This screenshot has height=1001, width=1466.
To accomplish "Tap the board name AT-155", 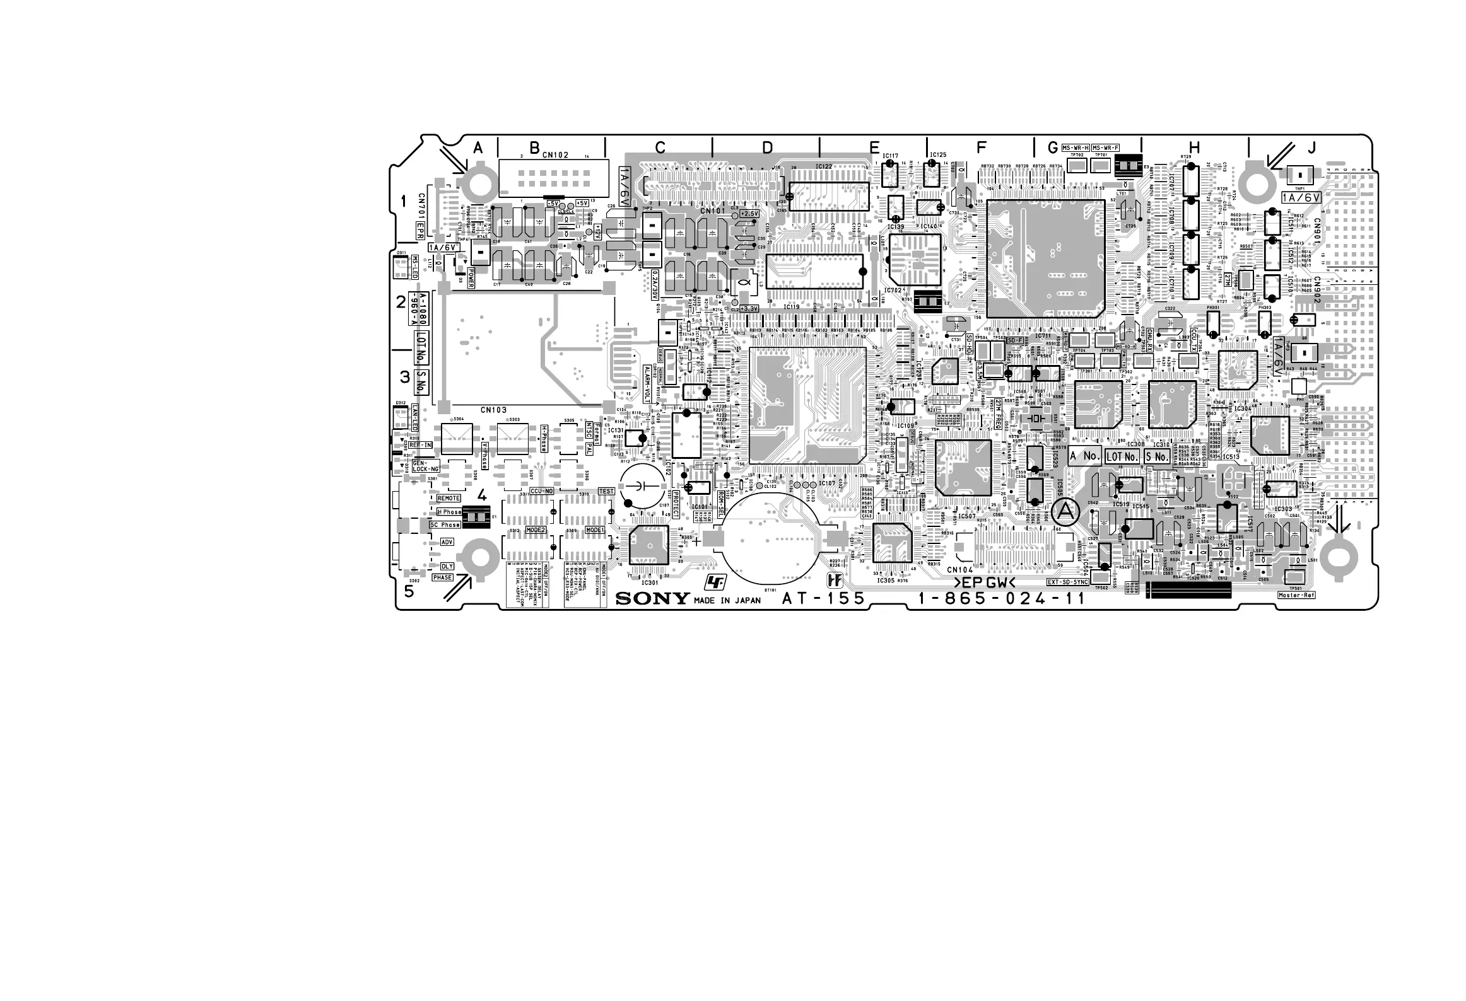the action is pyautogui.click(x=823, y=599).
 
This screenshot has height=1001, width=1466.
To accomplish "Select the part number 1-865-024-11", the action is pyautogui.click(x=1001, y=599).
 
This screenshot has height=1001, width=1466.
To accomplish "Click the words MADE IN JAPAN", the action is pyautogui.click(x=727, y=601).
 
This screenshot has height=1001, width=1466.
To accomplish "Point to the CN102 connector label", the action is pyautogui.click(x=555, y=155).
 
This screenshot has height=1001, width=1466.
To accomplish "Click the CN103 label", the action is pyautogui.click(x=493, y=410).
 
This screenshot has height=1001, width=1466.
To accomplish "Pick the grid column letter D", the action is pyautogui.click(x=767, y=148).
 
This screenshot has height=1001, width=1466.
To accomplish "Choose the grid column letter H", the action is pyautogui.click(x=1194, y=148).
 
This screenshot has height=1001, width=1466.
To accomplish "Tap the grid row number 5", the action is pyautogui.click(x=409, y=591).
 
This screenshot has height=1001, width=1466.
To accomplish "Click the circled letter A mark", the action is pyautogui.click(x=1065, y=513).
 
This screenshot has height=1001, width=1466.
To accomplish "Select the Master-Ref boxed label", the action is pyautogui.click(x=1296, y=595).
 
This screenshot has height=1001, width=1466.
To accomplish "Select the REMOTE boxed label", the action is pyautogui.click(x=449, y=499).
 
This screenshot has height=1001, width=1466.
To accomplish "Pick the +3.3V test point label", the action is pyautogui.click(x=749, y=309).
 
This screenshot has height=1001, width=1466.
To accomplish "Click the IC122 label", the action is pyautogui.click(x=823, y=166).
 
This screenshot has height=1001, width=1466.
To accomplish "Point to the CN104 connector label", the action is pyautogui.click(x=959, y=569).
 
